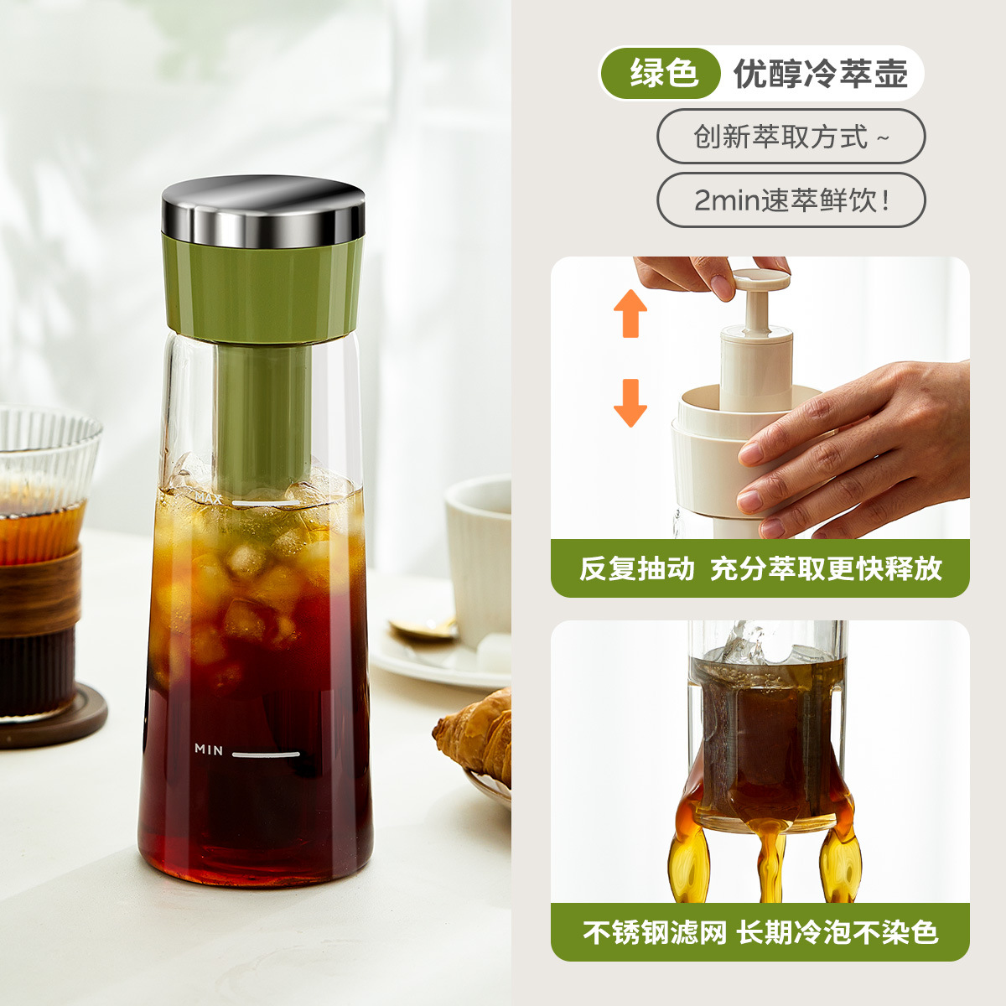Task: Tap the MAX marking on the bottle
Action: pos(207,498)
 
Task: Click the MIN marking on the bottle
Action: pos(209,749)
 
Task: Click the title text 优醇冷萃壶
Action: pos(821,74)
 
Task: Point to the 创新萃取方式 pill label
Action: pos(790,136)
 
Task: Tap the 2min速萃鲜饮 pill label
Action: pos(790,201)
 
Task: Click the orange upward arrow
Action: pos(630,313)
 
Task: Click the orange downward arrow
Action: pos(630,402)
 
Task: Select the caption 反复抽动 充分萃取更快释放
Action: pos(760,568)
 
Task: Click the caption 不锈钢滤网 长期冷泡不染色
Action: pos(760,931)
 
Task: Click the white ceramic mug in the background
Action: pos(480,553)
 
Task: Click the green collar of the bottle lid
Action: pos(263,289)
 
